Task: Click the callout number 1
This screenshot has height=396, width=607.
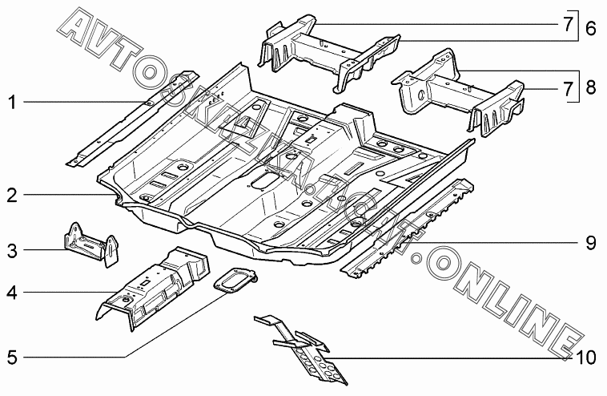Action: click(12, 102)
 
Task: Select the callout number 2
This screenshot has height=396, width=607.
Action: click(12, 195)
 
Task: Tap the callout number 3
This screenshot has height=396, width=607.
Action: click(12, 251)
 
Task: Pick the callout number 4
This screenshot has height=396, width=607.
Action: click(12, 293)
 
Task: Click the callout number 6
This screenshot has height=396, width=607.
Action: click(590, 28)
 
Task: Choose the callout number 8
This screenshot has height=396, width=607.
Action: click(590, 87)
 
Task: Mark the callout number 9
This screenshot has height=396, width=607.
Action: click(590, 242)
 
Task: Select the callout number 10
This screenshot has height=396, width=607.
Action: click(586, 355)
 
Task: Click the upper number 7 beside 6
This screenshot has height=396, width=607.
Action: click(569, 24)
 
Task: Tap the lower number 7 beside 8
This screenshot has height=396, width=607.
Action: click(569, 87)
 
